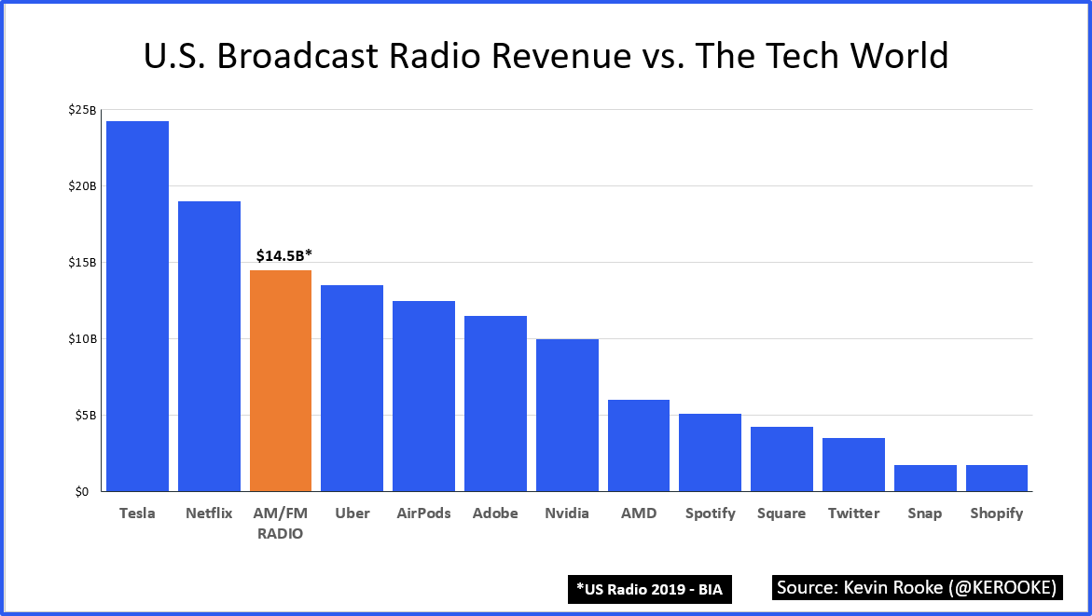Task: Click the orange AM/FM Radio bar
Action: pyautogui.click(x=281, y=380)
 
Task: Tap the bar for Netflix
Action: pyautogui.click(x=209, y=346)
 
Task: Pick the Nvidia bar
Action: pyautogui.click(x=567, y=415)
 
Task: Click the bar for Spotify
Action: pyautogui.click(x=711, y=452)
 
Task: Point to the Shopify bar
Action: pyautogui.click(x=997, y=477)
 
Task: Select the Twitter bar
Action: pyautogui.click(x=853, y=464)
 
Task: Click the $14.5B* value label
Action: pyautogui.click(x=283, y=254)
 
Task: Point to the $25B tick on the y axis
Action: pyautogui.click(x=82, y=110)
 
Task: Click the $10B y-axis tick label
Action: pyautogui.click(x=82, y=339)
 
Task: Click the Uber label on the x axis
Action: pyautogui.click(x=352, y=513)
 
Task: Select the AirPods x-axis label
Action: pyautogui.click(x=423, y=513)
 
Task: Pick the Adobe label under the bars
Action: pyautogui.click(x=495, y=513)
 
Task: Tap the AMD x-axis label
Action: pyautogui.click(x=639, y=513)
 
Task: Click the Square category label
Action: pyautogui.click(x=781, y=513)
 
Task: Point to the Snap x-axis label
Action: pyautogui.click(x=924, y=513)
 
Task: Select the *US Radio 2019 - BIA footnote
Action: pyautogui.click(x=649, y=589)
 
